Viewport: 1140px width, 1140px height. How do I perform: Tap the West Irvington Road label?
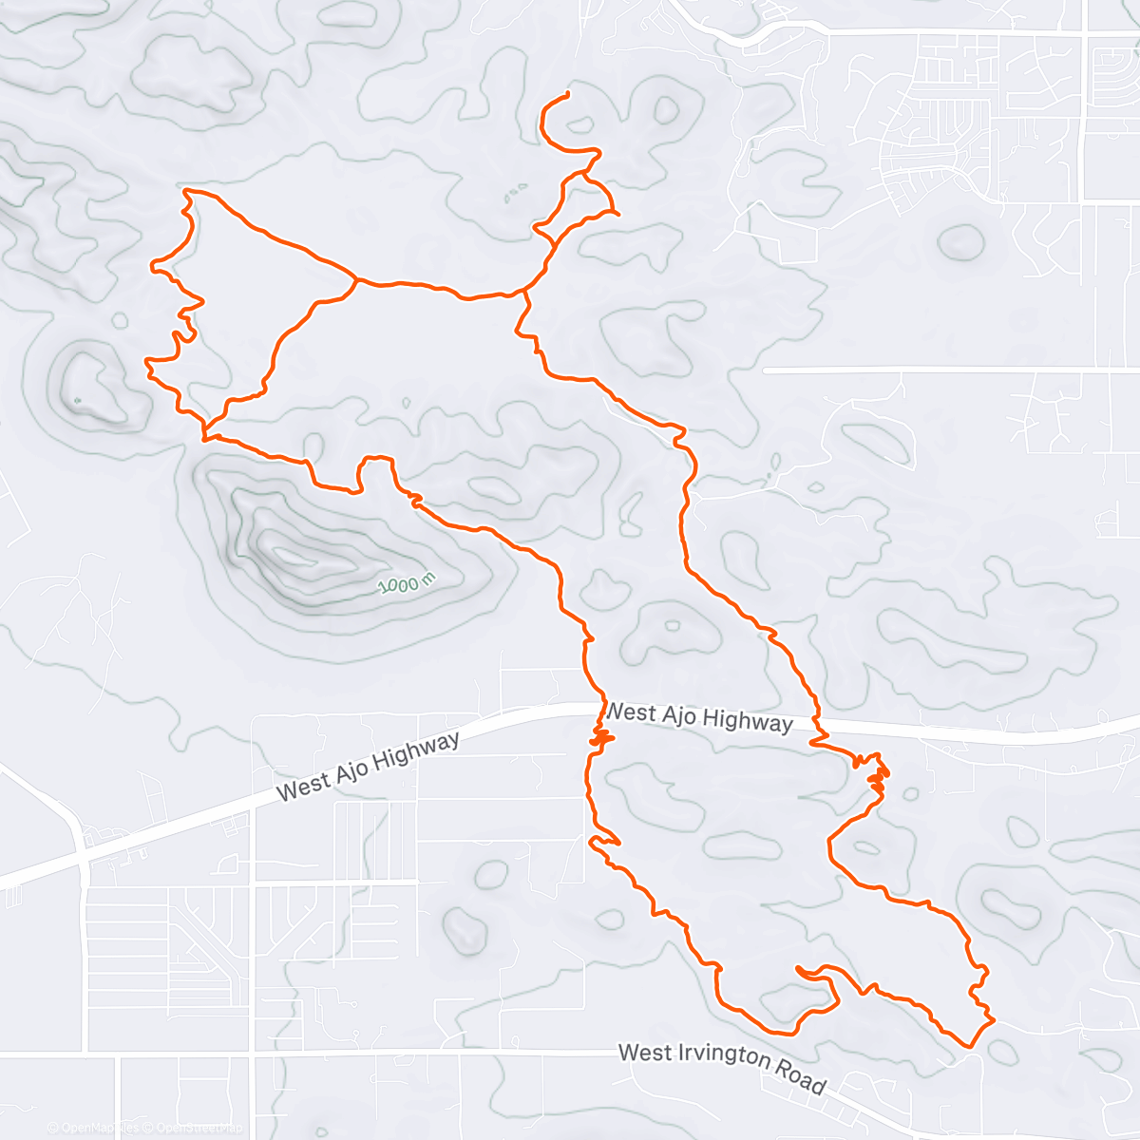pyautogui.click(x=722, y=1066)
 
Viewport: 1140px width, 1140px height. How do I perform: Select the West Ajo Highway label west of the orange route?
pyautogui.click(x=368, y=766)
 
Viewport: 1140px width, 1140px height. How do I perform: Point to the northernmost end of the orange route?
pyautogui.click(x=567, y=93)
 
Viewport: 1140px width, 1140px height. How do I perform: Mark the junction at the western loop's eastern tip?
pyautogui.click(x=355, y=279)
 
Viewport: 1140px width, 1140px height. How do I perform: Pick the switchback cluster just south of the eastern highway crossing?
pyautogui.click(x=876, y=774)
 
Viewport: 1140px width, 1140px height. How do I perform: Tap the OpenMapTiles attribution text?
pyautogui.click(x=93, y=1128)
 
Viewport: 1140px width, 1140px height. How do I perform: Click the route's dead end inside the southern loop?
pyautogui.click(x=799, y=970)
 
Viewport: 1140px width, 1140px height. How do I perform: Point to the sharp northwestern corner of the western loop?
pyautogui.click(x=185, y=191)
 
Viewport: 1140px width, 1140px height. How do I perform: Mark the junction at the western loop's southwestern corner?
pyautogui.click(x=204, y=437)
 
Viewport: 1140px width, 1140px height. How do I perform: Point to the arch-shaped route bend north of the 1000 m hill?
pyautogui.click(x=375, y=460)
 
